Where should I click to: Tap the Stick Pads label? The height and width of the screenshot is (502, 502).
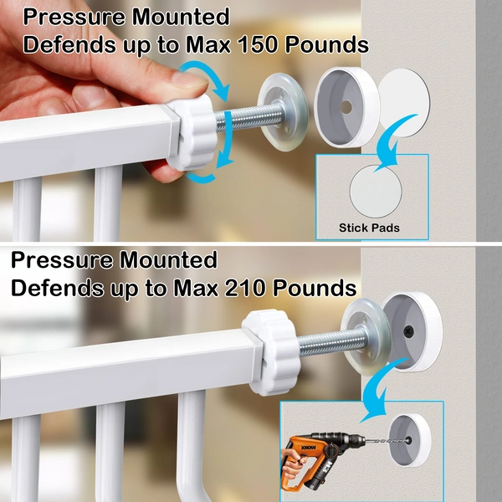point(369,227)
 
